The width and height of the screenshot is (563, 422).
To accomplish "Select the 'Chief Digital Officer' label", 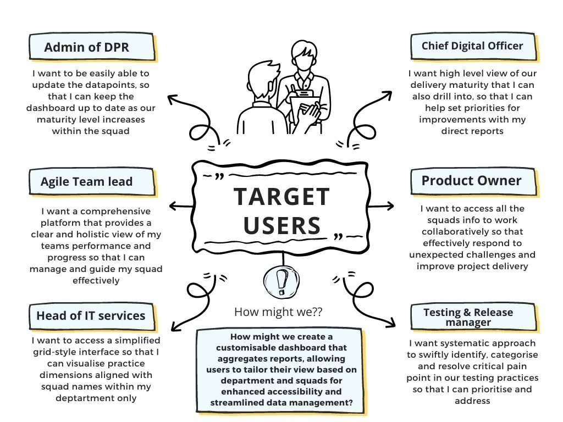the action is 472,46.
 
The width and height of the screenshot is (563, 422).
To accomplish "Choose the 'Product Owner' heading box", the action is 472,181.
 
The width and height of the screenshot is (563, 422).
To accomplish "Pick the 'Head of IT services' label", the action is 91,315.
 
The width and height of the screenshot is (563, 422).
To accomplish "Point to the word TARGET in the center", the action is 281,197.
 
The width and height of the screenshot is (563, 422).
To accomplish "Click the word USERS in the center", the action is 281,225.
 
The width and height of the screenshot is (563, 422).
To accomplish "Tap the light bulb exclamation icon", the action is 281,281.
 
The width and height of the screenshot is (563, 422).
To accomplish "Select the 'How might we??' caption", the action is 278,312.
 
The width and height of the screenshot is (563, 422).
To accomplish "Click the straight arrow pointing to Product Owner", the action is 381,206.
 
